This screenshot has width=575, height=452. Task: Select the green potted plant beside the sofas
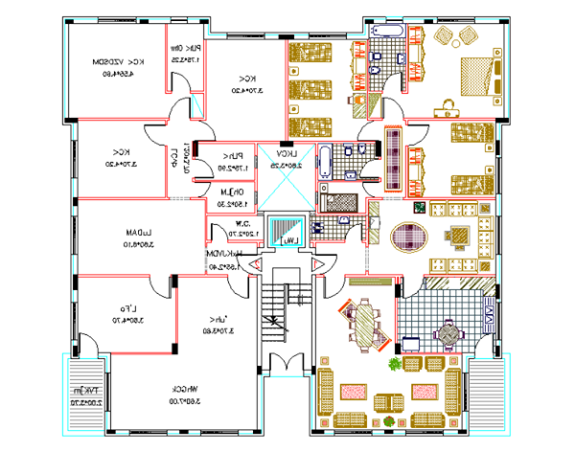click(394, 365)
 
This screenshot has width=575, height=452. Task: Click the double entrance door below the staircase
click(285, 365)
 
